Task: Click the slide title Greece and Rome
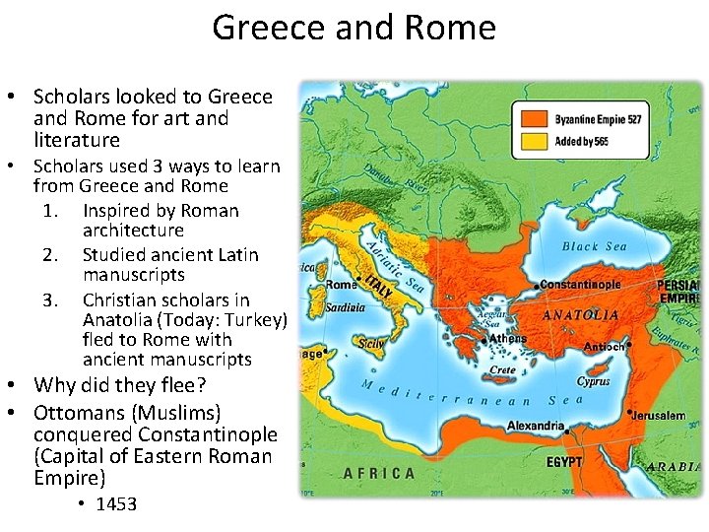coord(354,27)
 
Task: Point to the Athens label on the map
coord(508,338)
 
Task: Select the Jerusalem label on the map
coord(660,416)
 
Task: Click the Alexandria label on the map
coord(536,427)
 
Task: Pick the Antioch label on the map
coord(604,347)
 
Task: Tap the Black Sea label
coord(595,246)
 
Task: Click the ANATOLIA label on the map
coord(581,315)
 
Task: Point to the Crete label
coord(503,370)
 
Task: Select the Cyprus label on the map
coord(593,381)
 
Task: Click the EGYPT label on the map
coord(564,461)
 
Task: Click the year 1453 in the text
coord(116,504)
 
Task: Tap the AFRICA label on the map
coord(379,474)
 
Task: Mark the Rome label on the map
coord(340,286)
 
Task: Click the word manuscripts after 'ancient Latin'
coord(134,275)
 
